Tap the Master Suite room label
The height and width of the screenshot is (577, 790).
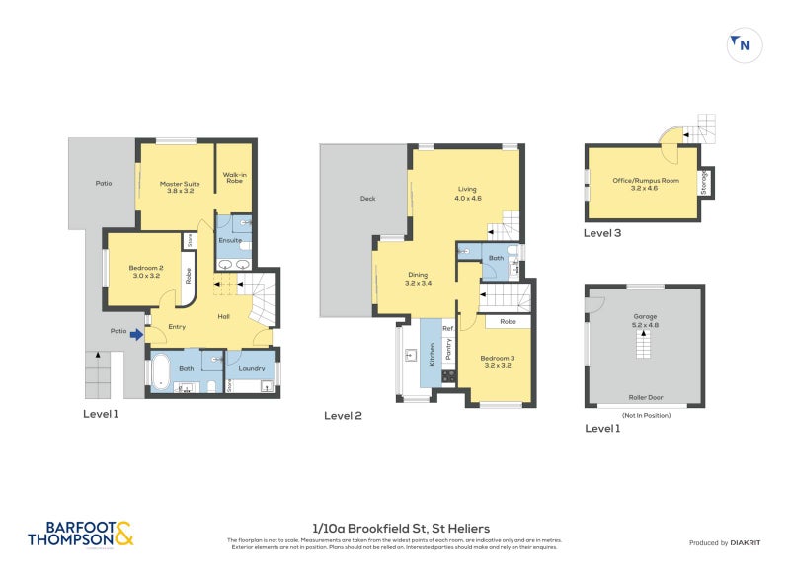click(174, 187)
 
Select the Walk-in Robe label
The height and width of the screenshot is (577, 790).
click(234, 180)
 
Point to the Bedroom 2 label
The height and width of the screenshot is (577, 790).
click(145, 271)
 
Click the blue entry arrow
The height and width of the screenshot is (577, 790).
click(136, 336)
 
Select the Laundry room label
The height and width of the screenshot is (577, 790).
click(252, 368)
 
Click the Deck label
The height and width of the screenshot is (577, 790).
click(367, 199)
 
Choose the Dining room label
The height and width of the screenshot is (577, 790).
click(418, 280)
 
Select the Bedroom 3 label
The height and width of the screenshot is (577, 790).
click(496, 362)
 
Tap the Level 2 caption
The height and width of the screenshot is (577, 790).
click(343, 416)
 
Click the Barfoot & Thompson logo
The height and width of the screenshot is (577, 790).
click(80, 534)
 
